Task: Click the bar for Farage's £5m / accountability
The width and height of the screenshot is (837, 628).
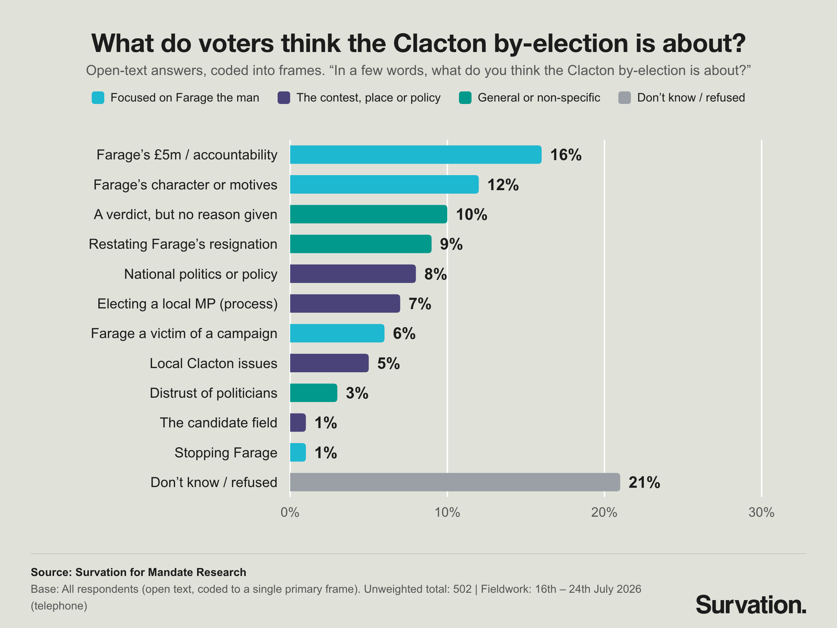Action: (x=415, y=155)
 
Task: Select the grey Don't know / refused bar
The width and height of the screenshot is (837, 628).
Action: (x=455, y=482)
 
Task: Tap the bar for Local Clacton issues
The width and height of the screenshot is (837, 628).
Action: (x=329, y=363)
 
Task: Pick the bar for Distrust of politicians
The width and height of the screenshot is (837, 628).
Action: (x=313, y=393)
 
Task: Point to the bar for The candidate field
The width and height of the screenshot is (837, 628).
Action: (x=298, y=423)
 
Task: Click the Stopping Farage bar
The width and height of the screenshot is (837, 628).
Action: (x=298, y=453)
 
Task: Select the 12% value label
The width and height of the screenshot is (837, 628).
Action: (x=503, y=185)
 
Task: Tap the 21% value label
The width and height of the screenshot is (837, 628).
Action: (x=644, y=482)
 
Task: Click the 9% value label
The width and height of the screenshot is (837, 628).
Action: (x=451, y=244)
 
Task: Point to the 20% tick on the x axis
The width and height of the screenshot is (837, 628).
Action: (x=604, y=513)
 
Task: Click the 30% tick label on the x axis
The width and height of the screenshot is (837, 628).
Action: (x=761, y=513)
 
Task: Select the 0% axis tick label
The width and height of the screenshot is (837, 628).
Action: (x=290, y=513)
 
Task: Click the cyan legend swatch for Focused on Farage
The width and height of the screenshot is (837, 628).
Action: (x=98, y=98)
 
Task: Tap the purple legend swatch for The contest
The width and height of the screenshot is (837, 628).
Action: (x=284, y=98)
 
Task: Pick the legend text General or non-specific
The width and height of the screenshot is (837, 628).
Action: (x=539, y=98)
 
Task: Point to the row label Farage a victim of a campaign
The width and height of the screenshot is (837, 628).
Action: (x=184, y=334)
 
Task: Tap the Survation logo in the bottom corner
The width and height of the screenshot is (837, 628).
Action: (x=751, y=605)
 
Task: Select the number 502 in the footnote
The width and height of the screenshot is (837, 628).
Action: (x=462, y=589)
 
